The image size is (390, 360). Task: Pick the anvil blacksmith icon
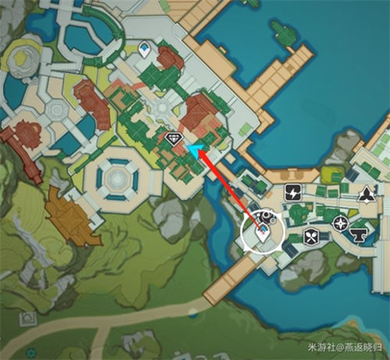coord(360,234)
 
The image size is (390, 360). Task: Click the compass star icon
coord(340,224)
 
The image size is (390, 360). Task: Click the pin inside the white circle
coord(264,231)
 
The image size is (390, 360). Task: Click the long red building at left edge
coord(21,144)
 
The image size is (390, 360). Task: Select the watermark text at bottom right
coord(343,347)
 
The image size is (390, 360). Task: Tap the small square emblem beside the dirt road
coord(30,318)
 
